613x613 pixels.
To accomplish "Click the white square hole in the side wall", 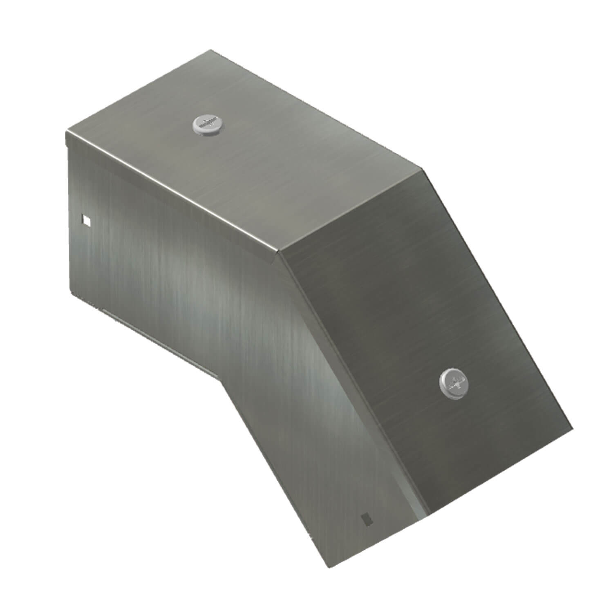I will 86,221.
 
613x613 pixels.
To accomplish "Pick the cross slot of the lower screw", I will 453,383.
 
